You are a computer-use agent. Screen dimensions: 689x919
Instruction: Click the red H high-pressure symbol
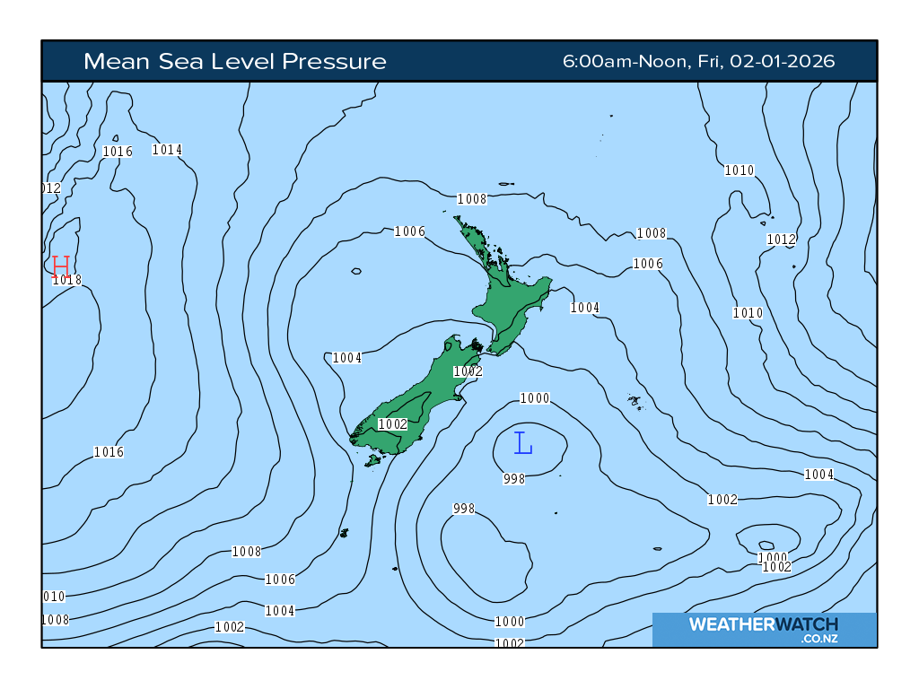pyautogui.click(x=61, y=266)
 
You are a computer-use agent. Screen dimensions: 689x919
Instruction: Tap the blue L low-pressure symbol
pyautogui.click(x=523, y=442)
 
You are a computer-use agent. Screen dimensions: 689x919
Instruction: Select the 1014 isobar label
pyautogui.click(x=168, y=150)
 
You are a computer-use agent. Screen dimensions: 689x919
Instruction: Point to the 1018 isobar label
pyautogui.click(x=67, y=280)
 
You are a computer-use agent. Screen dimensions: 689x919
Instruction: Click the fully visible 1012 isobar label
pyautogui.click(x=781, y=240)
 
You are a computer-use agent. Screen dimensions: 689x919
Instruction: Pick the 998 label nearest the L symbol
pyautogui.click(x=514, y=479)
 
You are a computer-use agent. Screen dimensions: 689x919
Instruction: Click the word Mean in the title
pyautogui.click(x=110, y=61)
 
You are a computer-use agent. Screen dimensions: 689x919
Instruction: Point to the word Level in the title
pyautogui.click(x=234, y=61)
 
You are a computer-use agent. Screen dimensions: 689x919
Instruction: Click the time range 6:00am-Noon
pyautogui.click(x=625, y=61)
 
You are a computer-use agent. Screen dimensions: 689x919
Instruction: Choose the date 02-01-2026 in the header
pyautogui.click(x=783, y=61)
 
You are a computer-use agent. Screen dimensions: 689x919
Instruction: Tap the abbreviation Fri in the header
pyautogui.click(x=708, y=61)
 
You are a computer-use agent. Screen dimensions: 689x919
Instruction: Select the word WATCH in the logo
pyautogui.click(x=804, y=624)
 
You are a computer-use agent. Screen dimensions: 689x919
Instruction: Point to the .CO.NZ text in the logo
pyautogui.click(x=819, y=639)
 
